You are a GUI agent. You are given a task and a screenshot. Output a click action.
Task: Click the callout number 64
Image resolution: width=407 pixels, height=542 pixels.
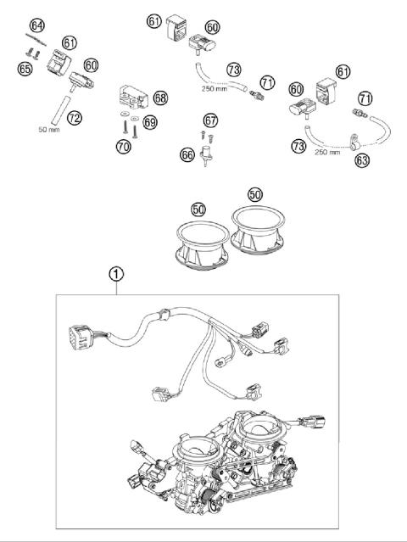(x=37, y=26)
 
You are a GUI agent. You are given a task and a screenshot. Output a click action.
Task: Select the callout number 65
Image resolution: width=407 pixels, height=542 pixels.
(x=25, y=69)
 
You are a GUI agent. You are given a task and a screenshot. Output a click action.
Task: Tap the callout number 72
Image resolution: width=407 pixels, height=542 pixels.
(x=75, y=118)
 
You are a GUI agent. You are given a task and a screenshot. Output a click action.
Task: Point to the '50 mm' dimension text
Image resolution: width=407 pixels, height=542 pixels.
(x=49, y=130)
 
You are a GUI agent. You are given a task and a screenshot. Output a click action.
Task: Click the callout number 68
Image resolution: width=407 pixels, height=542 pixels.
(x=160, y=98)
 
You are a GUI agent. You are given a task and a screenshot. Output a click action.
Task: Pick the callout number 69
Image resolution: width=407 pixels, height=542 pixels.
(x=150, y=122)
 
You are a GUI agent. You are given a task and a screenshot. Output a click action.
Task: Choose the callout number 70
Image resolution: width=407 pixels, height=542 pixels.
(x=123, y=147)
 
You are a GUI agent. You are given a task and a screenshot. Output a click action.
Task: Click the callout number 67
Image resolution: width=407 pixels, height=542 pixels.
(x=210, y=120)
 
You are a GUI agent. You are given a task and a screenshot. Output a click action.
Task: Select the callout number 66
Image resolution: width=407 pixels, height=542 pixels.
(x=187, y=155)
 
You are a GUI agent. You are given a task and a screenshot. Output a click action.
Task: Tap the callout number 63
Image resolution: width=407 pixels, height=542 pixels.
(x=362, y=160)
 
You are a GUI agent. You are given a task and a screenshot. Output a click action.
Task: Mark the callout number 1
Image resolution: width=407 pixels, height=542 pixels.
(x=116, y=275)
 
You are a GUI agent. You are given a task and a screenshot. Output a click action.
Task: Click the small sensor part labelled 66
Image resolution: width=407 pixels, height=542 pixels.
(x=207, y=156)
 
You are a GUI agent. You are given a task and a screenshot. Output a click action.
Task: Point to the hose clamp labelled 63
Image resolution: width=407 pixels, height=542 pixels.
(x=354, y=142)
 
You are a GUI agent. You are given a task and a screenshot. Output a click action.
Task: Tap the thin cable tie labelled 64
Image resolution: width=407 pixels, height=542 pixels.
(x=36, y=39)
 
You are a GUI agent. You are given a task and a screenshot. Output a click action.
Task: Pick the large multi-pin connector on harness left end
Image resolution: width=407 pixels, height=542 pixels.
(x=81, y=338)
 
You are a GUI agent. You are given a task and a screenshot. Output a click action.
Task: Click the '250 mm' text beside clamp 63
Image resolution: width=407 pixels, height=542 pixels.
(x=327, y=152)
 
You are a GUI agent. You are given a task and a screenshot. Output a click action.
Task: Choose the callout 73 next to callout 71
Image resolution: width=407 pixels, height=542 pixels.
(x=234, y=70)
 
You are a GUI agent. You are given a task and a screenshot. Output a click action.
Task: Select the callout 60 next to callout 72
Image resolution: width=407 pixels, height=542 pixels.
(x=91, y=65)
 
